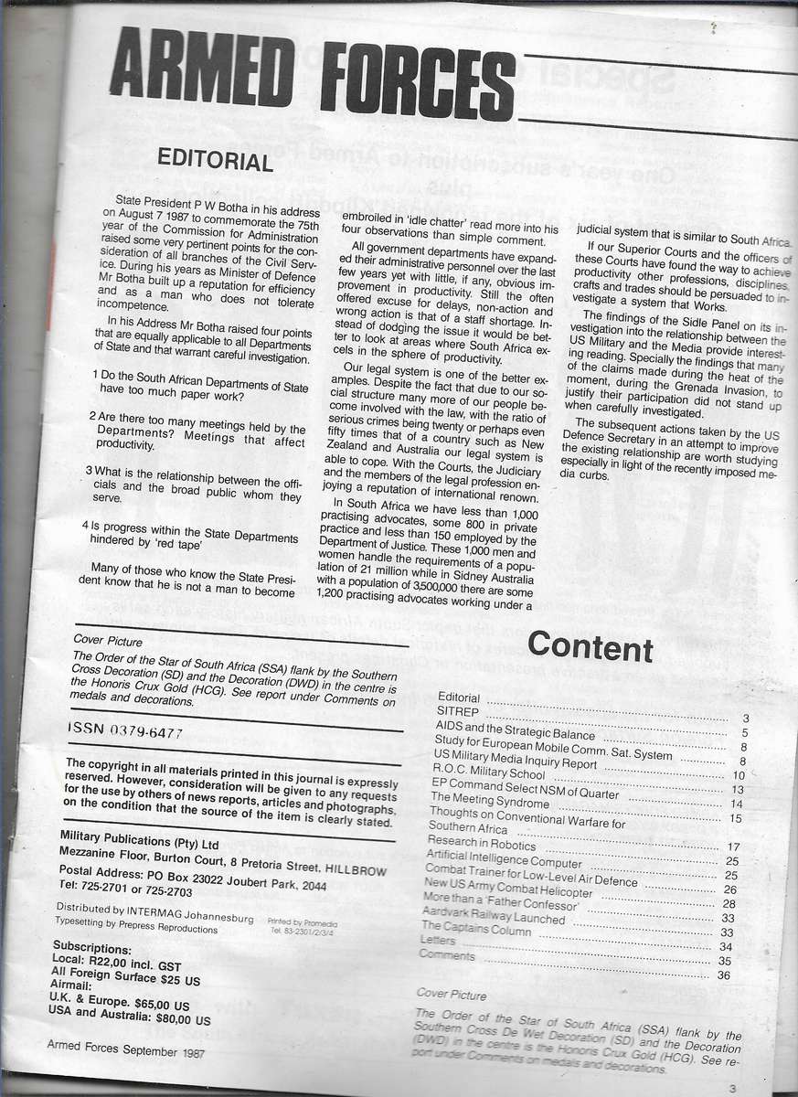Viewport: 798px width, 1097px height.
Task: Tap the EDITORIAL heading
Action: [215, 160]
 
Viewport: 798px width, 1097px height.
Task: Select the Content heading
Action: [590, 646]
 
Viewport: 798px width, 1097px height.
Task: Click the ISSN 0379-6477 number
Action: [125, 732]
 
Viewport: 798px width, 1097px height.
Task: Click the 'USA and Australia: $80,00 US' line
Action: [131, 1018]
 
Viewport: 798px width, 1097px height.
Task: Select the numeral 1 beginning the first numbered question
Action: [96, 375]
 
